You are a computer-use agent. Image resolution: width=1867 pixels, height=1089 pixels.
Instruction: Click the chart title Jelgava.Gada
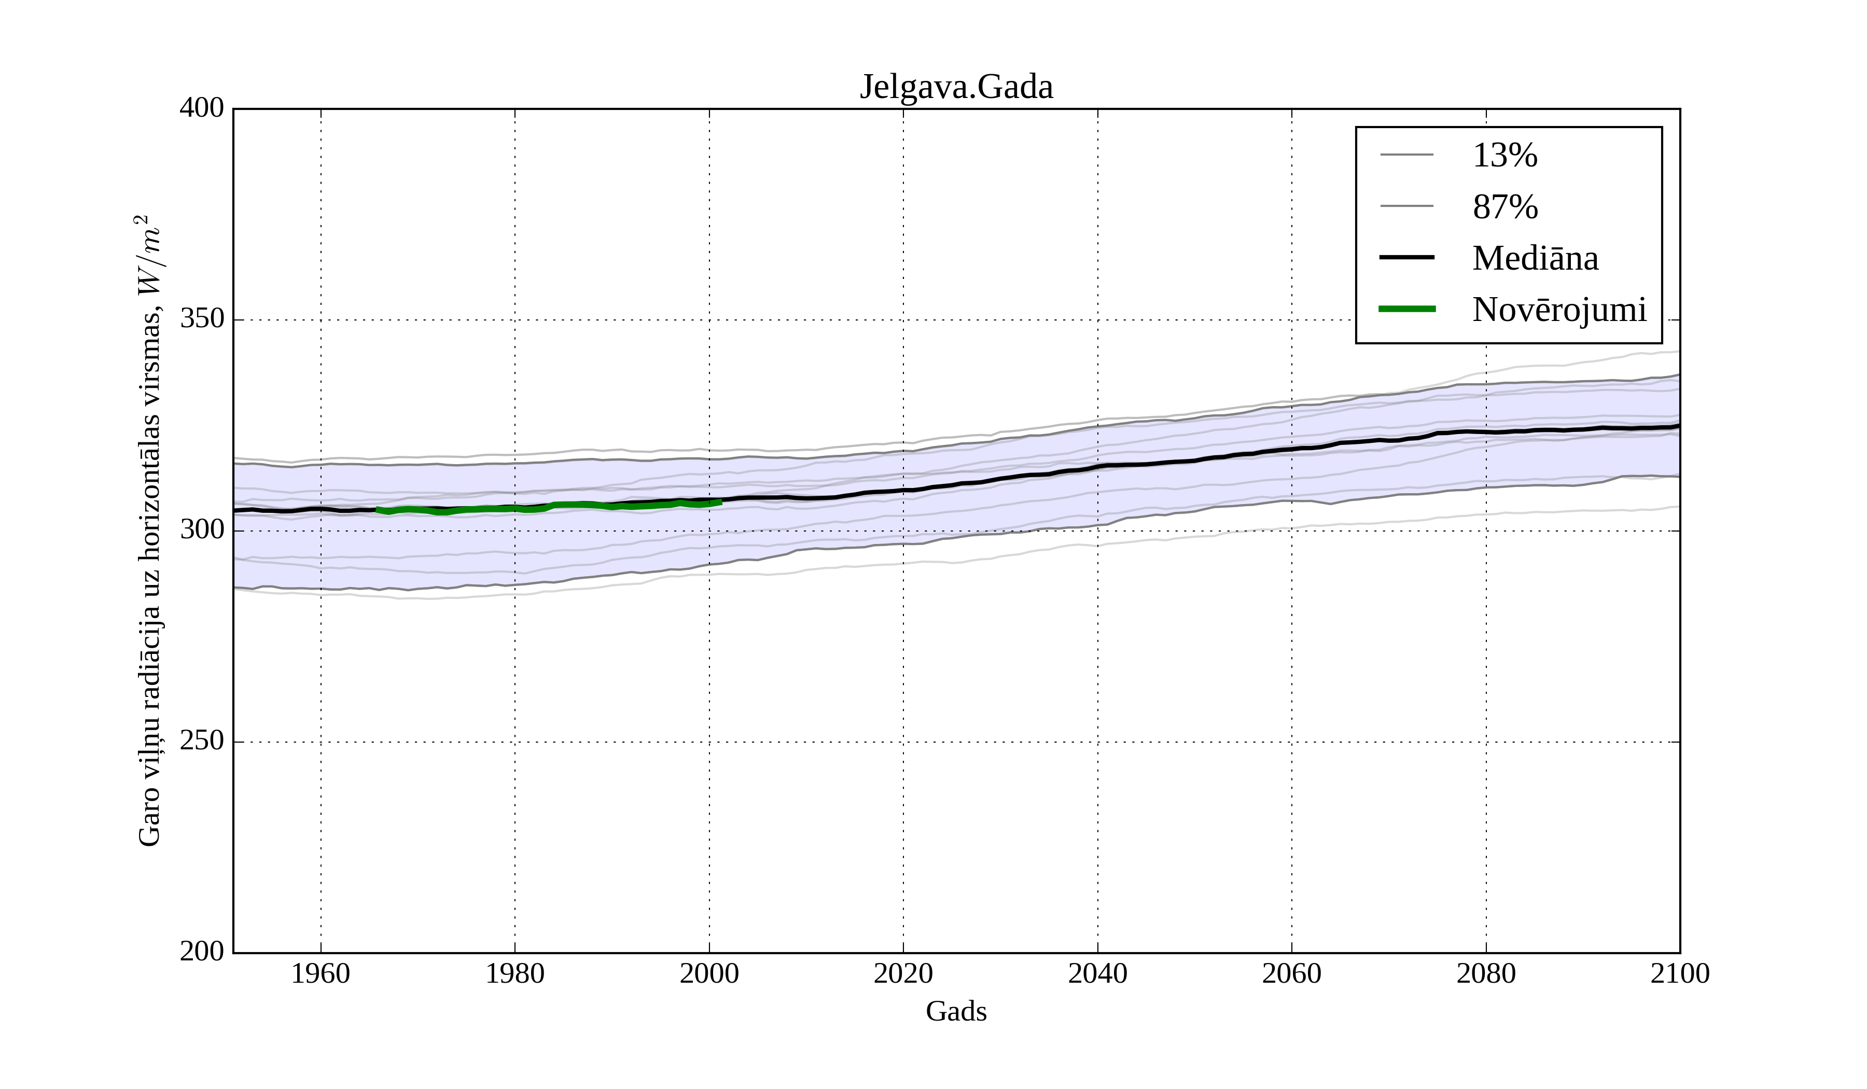tap(956, 88)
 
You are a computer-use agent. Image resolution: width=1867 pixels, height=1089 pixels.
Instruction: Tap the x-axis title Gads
tap(956, 1011)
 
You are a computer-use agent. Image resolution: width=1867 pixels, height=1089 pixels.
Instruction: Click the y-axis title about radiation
tap(150, 530)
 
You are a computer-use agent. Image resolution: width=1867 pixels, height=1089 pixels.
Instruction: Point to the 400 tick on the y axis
tap(202, 108)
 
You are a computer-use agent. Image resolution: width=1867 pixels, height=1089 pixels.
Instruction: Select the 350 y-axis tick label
tap(202, 319)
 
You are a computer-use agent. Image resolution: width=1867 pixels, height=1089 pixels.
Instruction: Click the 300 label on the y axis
tap(202, 530)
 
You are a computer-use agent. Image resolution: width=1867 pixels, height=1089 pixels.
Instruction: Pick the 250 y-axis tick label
tap(202, 741)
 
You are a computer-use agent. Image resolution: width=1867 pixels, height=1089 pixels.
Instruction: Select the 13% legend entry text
tap(1504, 156)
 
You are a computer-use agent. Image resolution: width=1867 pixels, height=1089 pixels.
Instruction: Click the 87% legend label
tap(1504, 207)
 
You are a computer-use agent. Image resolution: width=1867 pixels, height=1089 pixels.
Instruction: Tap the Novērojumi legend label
tap(1559, 310)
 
